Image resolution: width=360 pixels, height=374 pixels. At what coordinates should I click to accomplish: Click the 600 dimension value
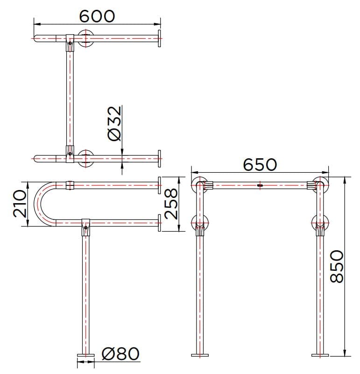coord(97,15)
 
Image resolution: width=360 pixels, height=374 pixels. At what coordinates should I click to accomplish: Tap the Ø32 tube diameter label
coord(114,123)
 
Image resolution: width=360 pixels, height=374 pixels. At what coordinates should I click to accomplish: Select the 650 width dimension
coord(260,164)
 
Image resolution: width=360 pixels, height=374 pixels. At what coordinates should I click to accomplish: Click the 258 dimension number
coord(172,204)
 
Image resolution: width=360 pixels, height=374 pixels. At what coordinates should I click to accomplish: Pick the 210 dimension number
coord(19,204)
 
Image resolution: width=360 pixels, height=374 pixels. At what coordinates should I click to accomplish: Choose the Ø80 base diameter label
coord(120,354)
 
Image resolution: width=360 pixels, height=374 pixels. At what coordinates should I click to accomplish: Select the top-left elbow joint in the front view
coord(202,185)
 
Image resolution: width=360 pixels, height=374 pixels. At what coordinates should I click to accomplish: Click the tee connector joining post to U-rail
coord(85,226)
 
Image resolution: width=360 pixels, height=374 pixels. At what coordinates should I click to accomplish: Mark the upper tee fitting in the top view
coord(70,41)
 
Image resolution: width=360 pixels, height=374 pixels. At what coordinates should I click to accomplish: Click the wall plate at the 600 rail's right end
coord(160,38)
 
